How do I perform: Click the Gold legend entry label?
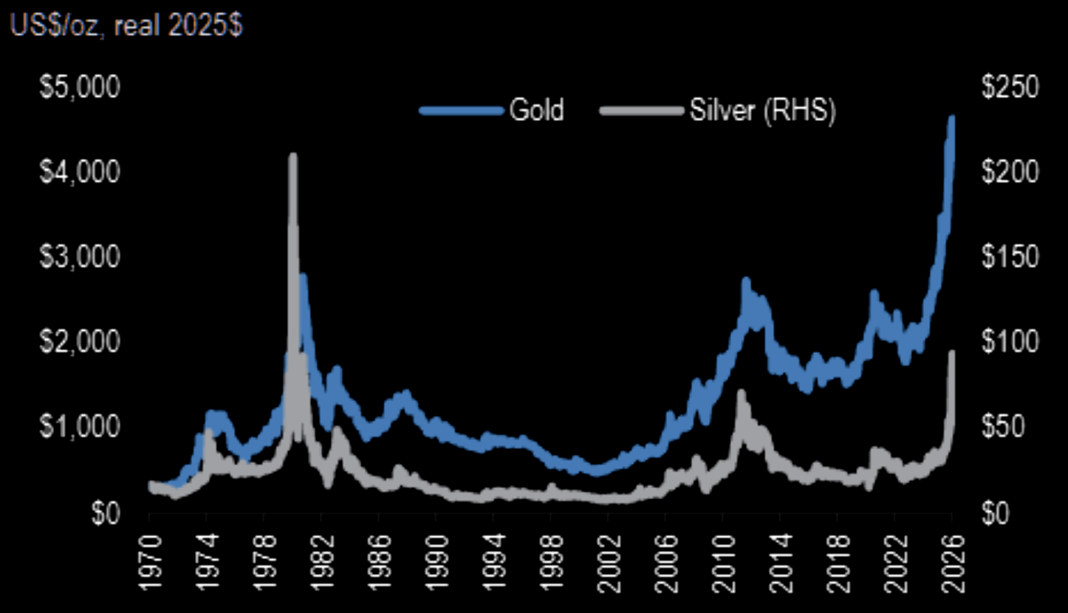(536, 110)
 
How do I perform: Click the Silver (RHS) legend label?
(761, 110)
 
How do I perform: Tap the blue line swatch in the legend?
(462, 111)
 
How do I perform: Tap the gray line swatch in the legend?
(640, 111)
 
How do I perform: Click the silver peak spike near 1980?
(292, 156)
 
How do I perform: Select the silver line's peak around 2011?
(741, 393)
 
